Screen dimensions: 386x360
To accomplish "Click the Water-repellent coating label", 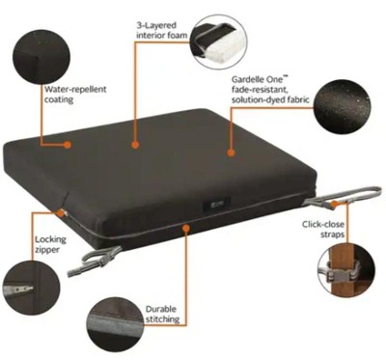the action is point(75,94).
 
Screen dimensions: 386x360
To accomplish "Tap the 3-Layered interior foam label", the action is point(162,30).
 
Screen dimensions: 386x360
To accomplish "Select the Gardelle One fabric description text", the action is point(270,89).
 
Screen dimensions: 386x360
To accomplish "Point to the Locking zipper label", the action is point(50,244).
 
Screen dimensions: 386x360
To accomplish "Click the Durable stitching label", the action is point(162,314).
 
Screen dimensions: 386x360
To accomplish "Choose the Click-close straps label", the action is point(323,229).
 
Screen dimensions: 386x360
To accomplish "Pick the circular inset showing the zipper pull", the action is point(31,288).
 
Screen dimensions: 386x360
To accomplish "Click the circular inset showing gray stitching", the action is point(116,325).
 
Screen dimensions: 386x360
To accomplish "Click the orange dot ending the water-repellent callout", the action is point(68,145).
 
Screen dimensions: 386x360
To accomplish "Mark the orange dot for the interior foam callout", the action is point(135,145).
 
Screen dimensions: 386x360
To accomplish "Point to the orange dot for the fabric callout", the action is point(231,152).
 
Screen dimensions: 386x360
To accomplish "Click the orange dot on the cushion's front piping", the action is point(185,228).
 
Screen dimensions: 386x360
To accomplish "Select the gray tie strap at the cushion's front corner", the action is point(94,261).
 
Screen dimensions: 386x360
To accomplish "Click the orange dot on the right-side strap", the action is point(335,204).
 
